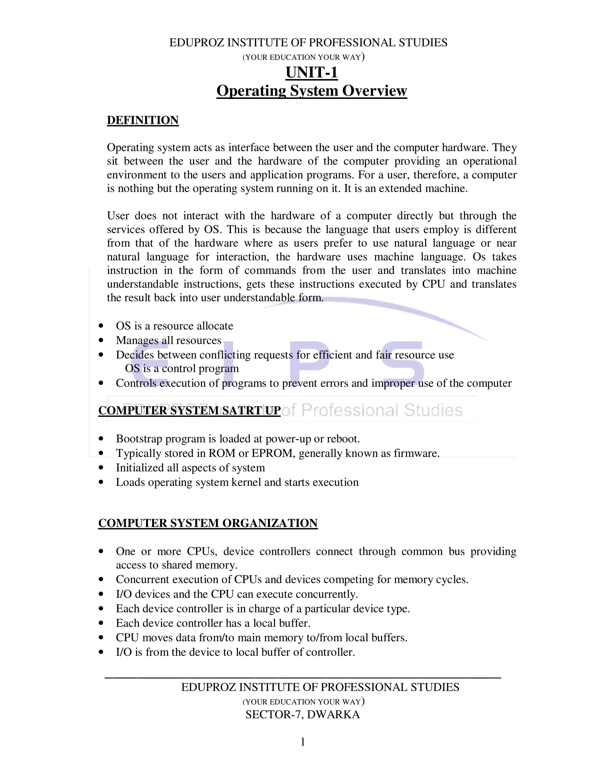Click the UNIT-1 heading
click(312, 72)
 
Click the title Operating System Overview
click(312, 91)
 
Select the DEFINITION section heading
click(143, 120)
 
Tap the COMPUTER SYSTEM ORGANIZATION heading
click(208, 523)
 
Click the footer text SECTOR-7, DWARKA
click(303, 714)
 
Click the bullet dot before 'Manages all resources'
click(101, 340)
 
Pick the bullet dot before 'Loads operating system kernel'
click(101, 482)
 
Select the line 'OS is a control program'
click(182, 369)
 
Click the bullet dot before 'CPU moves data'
click(101, 638)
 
